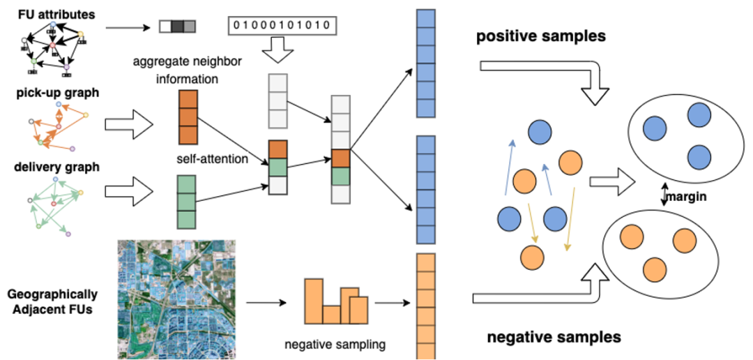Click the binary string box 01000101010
[x=282, y=26]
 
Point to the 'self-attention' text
[x=213, y=159]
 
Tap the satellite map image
[x=176, y=299]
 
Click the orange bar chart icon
[x=335, y=301]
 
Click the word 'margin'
[x=687, y=197]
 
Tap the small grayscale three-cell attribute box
[x=177, y=27]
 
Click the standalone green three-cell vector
[x=186, y=202]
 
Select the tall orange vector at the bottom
[x=425, y=306]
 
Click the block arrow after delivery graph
[x=128, y=190]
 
